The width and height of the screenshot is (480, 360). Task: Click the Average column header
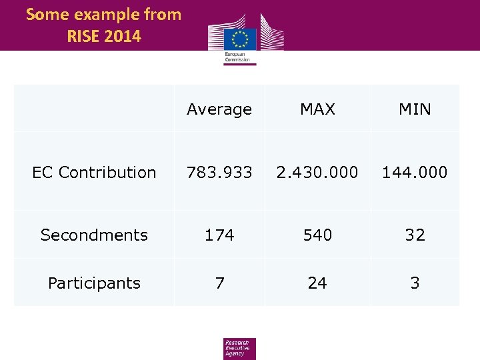pos(219,109)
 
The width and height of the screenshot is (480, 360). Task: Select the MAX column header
pos(317,109)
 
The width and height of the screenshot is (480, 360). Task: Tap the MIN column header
pos(415,109)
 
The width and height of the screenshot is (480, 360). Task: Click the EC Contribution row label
pos(94,172)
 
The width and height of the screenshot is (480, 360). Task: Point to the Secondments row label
pos(94,235)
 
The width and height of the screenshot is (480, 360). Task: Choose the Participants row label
pos(94,283)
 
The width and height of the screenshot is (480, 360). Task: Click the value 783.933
pos(219,172)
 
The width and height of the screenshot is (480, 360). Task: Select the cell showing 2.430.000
pos(317,172)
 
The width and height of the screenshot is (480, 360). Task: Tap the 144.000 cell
pos(415,172)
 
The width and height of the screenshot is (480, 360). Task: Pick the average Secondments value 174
pos(219,235)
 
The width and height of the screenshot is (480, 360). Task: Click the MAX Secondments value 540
pos(317,235)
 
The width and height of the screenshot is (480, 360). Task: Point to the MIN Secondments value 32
pos(415,235)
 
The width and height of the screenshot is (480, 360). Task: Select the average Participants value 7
pos(219,283)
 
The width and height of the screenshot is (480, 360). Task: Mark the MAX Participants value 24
pos(317,283)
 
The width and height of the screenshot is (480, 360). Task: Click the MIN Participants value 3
pos(415,283)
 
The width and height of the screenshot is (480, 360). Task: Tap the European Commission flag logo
pos(241,39)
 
